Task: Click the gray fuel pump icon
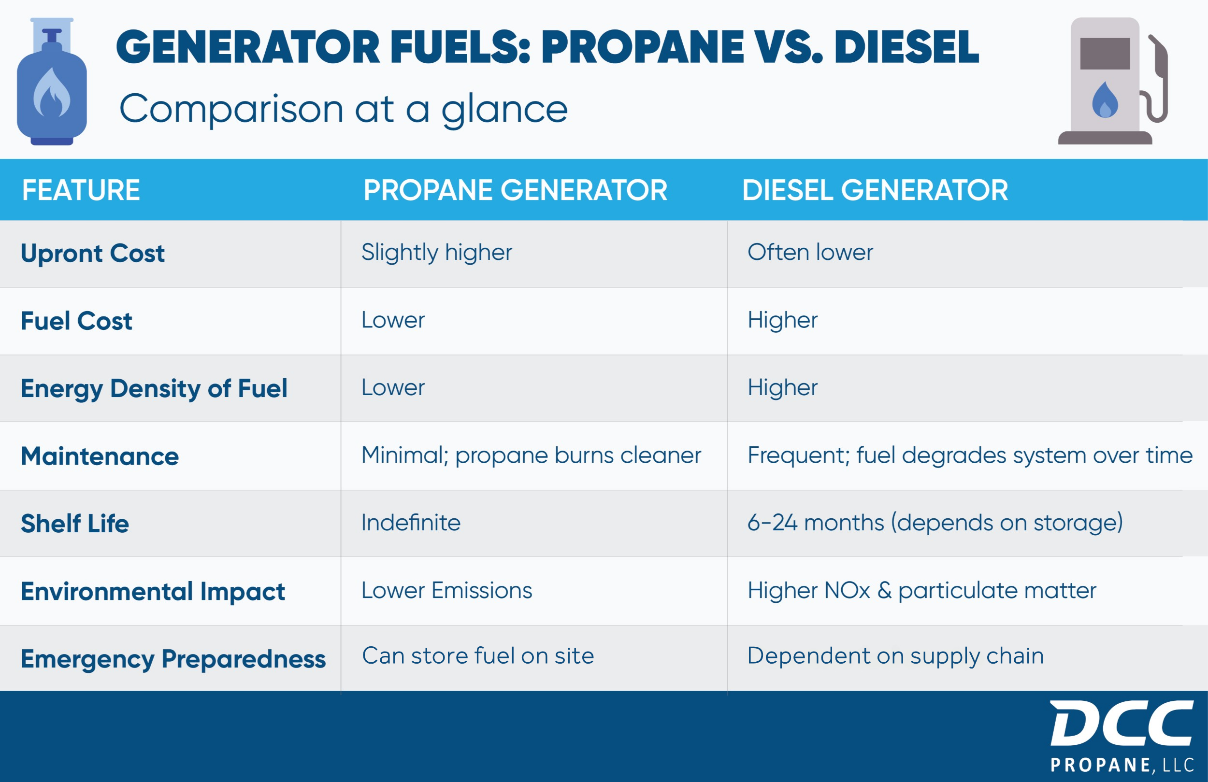tap(1113, 81)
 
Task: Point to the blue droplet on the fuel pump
tap(1105, 100)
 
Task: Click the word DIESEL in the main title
tap(906, 47)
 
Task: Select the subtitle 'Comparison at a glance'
tap(343, 110)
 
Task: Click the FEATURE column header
tap(81, 190)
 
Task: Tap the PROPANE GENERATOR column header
tap(515, 190)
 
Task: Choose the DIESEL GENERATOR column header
tap(875, 190)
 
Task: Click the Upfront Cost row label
tap(93, 253)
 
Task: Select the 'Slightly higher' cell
tap(436, 253)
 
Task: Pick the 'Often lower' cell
tap(810, 252)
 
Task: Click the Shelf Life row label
tap(74, 524)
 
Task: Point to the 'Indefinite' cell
tap(411, 523)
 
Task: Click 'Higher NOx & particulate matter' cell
tap(922, 591)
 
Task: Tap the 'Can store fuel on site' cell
tap(477, 655)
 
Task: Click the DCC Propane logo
tap(1122, 737)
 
